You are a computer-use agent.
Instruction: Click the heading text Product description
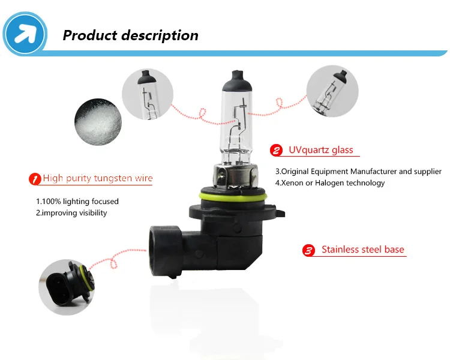(130, 35)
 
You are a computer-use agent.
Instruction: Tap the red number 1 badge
(34, 179)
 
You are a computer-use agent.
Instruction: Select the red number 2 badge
(277, 150)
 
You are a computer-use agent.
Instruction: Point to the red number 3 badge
(308, 251)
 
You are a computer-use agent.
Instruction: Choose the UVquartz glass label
(321, 150)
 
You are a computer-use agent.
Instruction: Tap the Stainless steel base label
(362, 250)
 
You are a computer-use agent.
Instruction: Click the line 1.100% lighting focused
(77, 202)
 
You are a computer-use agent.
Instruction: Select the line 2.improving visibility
(71, 213)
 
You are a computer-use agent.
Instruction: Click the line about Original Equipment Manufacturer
(358, 172)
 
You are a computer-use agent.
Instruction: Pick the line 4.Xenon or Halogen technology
(329, 183)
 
